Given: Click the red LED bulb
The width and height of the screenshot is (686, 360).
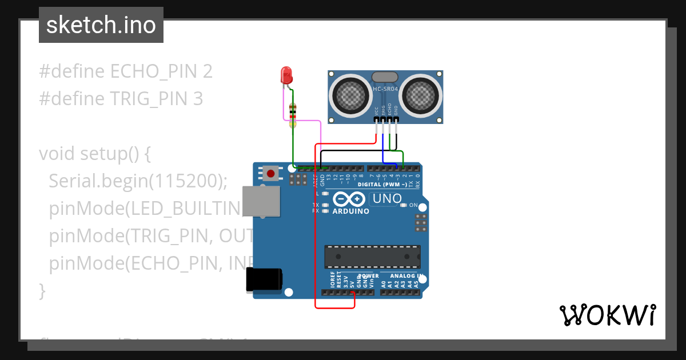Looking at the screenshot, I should coord(286,75).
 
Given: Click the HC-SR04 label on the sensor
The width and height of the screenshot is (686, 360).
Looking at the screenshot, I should coord(385,89).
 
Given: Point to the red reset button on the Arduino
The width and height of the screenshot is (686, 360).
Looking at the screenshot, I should coord(270,173).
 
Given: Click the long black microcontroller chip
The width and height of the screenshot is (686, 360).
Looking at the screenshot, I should coord(372,257).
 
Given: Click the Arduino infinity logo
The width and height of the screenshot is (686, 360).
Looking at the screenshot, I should coord(350,199).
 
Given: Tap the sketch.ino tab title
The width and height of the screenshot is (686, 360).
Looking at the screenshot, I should coord(101,25).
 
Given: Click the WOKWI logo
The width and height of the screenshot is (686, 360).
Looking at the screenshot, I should coord(607,315).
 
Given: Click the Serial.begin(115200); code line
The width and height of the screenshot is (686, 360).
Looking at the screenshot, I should coord(138,181).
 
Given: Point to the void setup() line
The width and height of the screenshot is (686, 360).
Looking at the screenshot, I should coord(95,154).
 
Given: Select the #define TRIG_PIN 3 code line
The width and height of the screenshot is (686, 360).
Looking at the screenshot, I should coord(121,99).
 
